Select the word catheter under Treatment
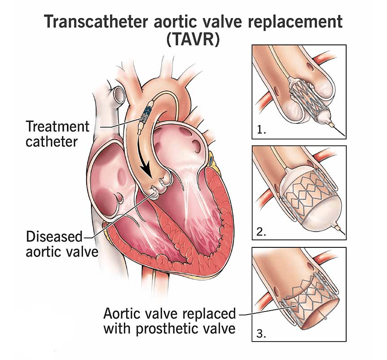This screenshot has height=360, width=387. click(x=51, y=142)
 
